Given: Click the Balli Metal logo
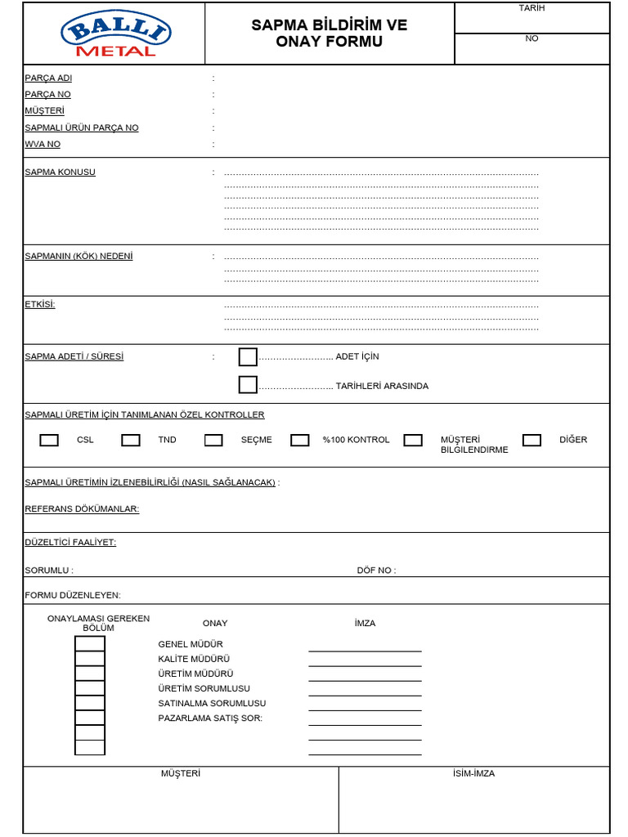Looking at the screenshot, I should [x=114, y=34].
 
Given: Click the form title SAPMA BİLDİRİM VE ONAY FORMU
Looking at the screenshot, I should [x=329, y=34].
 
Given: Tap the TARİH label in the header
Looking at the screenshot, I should [x=532, y=8].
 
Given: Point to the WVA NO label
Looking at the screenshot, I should [x=43, y=145].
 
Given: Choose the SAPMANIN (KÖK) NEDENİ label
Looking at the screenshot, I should [x=78, y=257].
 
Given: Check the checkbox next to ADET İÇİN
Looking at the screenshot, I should [x=248, y=357].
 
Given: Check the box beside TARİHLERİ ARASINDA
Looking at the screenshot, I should [x=248, y=385].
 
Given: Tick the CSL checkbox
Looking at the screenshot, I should [x=49, y=441].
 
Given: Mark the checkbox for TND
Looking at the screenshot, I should [x=131, y=441].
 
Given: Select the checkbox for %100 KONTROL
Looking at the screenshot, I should [x=300, y=441].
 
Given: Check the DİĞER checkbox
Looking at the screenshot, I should [x=532, y=441].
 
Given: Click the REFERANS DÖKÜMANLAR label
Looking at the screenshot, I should [x=82, y=509].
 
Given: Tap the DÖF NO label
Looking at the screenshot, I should [x=376, y=571].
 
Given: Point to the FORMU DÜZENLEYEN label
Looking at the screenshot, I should [x=73, y=596].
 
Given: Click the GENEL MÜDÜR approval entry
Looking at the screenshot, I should [x=191, y=645].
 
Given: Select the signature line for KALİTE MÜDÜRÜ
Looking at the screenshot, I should [x=365, y=665].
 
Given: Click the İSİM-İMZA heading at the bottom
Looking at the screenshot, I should [x=473, y=774].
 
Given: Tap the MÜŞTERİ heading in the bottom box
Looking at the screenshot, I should [x=181, y=774].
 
